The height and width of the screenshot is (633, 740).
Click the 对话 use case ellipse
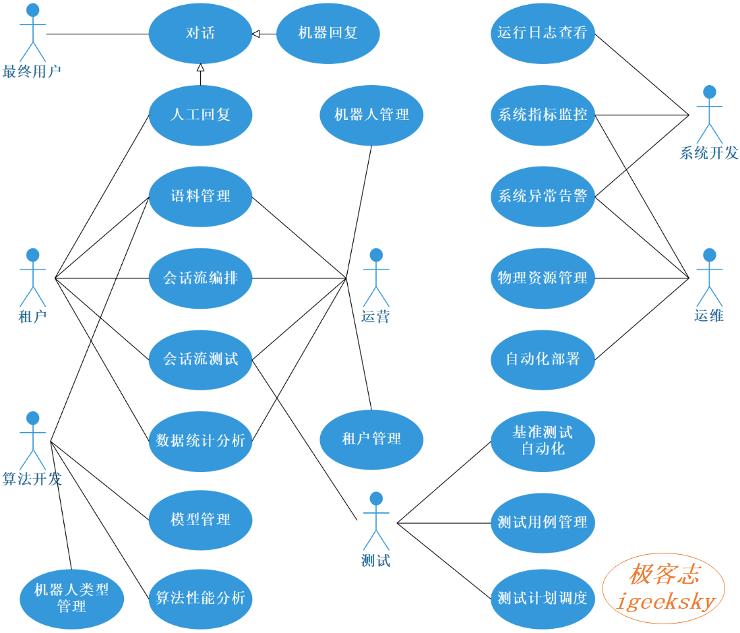pos(201,34)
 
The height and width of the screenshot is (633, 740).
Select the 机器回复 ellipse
pos(328,34)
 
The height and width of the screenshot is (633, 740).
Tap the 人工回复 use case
pos(201,115)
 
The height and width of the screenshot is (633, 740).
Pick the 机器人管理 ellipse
pos(371,115)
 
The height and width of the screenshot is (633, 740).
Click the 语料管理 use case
pos(201,196)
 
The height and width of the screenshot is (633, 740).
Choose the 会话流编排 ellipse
pos(201,278)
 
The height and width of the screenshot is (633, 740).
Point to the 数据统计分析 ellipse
pos(201,442)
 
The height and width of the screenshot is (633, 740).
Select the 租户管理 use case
pos(371,440)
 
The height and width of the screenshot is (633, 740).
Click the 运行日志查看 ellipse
pos(543,34)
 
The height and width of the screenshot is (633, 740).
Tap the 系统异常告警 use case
pos(543,196)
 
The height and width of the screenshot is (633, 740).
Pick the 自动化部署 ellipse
pos(543,360)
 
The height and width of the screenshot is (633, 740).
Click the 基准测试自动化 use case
pos(543,442)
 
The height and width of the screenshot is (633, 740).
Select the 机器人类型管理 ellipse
pos(71,599)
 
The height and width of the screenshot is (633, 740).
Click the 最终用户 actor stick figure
pos(32,32)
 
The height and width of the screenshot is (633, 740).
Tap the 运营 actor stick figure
pos(376,278)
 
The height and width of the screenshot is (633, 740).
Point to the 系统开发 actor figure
pos(710,115)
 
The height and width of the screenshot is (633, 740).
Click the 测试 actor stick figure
pos(376,521)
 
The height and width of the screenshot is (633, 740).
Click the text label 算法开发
pos(32,479)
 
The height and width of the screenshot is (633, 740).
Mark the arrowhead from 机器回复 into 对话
pos(256,34)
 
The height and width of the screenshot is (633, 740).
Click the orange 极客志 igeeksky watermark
pos(664,589)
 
